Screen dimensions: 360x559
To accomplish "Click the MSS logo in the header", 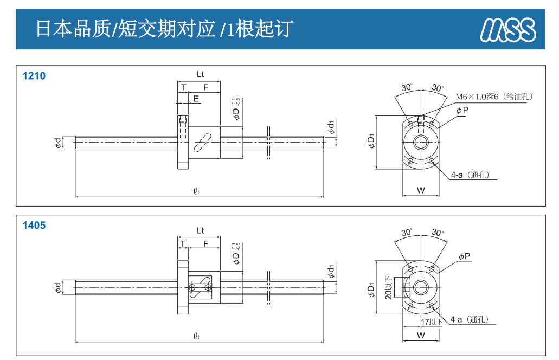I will (507, 30).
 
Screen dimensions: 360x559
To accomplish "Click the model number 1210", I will (34, 76).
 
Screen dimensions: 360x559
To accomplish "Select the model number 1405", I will (34, 226).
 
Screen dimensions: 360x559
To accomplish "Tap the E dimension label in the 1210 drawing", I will (196, 99).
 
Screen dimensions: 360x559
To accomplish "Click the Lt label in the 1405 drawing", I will (200, 230).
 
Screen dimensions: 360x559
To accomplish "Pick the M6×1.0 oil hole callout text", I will (494, 97).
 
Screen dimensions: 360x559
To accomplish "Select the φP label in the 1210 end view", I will (462, 110).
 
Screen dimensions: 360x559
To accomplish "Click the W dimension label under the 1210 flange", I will (421, 190).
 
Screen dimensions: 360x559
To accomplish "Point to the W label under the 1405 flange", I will (421, 336).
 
